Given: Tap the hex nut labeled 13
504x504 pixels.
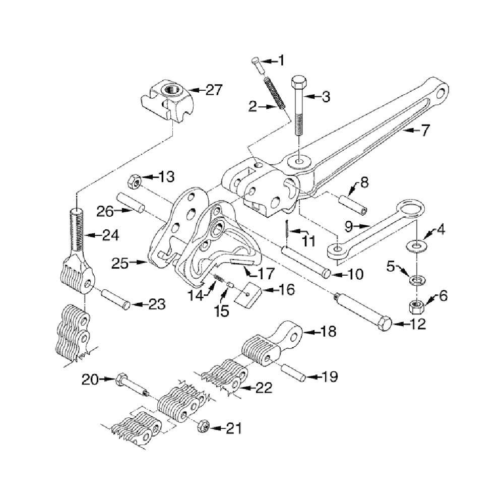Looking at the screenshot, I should (x=135, y=180).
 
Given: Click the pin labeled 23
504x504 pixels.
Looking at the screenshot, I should (x=117, y=300).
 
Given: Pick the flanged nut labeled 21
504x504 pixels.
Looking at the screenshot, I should (x=205, y=425).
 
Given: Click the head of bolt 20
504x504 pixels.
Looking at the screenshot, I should (x=121, y=379).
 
